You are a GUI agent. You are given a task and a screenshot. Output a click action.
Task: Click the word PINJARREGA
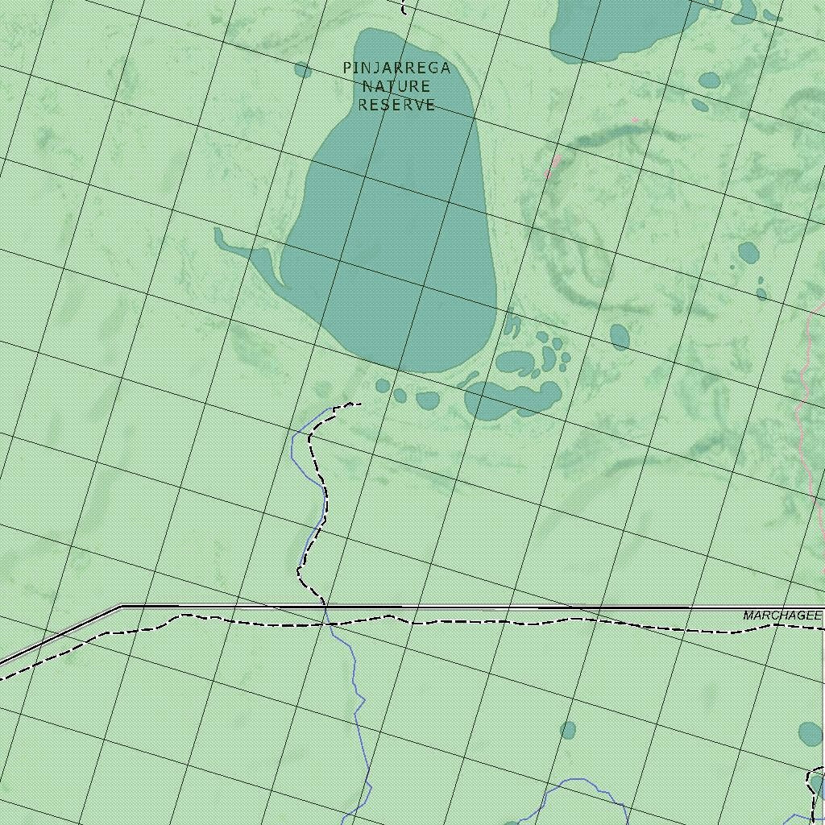click(396, 68)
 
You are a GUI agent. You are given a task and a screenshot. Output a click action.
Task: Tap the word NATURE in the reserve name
click(396, 86)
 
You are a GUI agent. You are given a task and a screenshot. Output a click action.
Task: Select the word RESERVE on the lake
click(396, 105)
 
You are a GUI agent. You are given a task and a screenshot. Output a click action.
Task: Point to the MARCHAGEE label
click(781, 616)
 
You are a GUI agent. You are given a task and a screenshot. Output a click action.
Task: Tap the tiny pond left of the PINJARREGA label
click(303, 70)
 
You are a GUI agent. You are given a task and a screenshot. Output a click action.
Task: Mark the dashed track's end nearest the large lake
click(359, 404)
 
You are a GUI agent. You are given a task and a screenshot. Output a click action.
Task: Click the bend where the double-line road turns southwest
click(121, 607)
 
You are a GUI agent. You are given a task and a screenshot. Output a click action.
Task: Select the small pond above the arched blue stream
click(568, 731)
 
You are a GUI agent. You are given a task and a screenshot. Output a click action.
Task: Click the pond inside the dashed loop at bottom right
click(817, 783)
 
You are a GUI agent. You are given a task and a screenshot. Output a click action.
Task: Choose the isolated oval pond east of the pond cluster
click(620, 337)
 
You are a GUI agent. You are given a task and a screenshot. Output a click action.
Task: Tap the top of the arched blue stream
click(576, 780)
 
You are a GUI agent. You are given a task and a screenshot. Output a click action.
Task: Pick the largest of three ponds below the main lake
click(427, 400)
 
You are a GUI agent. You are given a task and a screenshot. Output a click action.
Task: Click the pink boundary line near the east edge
click(806, 403)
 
